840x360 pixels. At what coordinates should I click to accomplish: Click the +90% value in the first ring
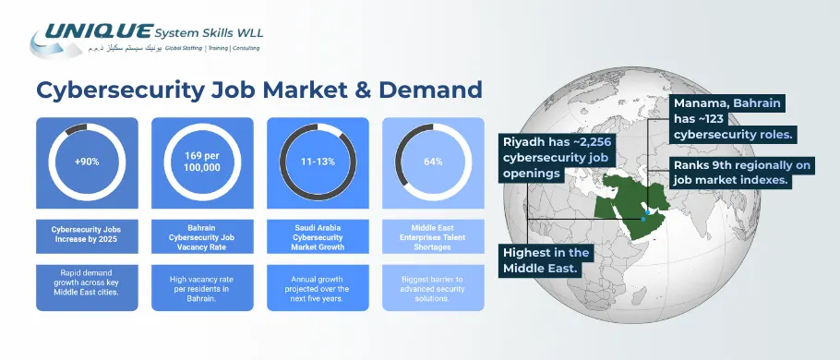pyautogui.click(x=87, y=162)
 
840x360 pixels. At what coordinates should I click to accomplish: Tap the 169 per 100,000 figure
pyautogui.click(x=202, y=161)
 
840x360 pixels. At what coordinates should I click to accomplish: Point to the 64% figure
pyautogui.click(x=433, y=162)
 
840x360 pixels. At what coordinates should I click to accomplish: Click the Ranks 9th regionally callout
pyautogui.click(x=731, y=173)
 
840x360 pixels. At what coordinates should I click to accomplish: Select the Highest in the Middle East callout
pyautogui.click(x=545, y=259)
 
